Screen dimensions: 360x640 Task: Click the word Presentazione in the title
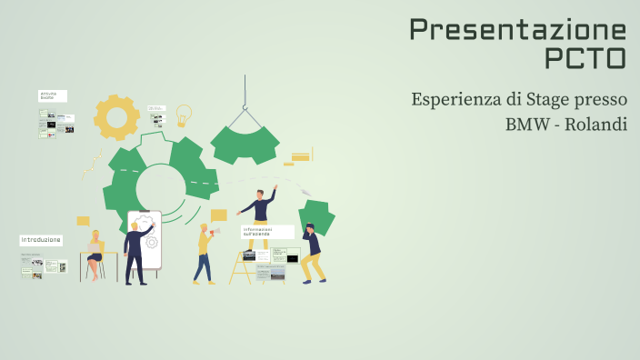click(x=517, y=29)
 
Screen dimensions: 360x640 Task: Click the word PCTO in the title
click(x=585, y=58)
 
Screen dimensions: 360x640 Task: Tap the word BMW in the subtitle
click(x=526, y=124)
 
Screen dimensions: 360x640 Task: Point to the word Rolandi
click(x=595, y=124)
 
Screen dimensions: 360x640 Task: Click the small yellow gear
click(x=116, y=116)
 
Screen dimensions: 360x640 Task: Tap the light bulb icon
click(x=184, y=115)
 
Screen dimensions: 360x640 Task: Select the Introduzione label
click(x=41, y=240)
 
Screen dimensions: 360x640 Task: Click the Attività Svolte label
click(x=51, y=95)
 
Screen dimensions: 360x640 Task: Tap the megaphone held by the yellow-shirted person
click(x=215, y=233)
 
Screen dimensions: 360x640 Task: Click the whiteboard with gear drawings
click(x=145, y=238)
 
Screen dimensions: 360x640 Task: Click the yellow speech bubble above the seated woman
click(x=83, y=221)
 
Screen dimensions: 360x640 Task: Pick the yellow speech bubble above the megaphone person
click(x=218, y=215)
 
